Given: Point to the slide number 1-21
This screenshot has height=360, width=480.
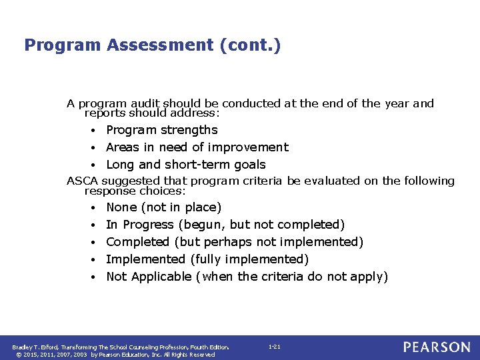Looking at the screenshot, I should [274, 347].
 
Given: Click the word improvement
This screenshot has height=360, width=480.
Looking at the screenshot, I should [248, 147].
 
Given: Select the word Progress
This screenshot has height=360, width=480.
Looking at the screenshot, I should [148, 225].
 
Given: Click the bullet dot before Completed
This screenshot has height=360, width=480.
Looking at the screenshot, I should [97, 243].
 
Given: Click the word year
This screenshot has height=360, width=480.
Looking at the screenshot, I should [395, 104].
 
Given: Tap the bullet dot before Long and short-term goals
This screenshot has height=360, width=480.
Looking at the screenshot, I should [97, 165].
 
